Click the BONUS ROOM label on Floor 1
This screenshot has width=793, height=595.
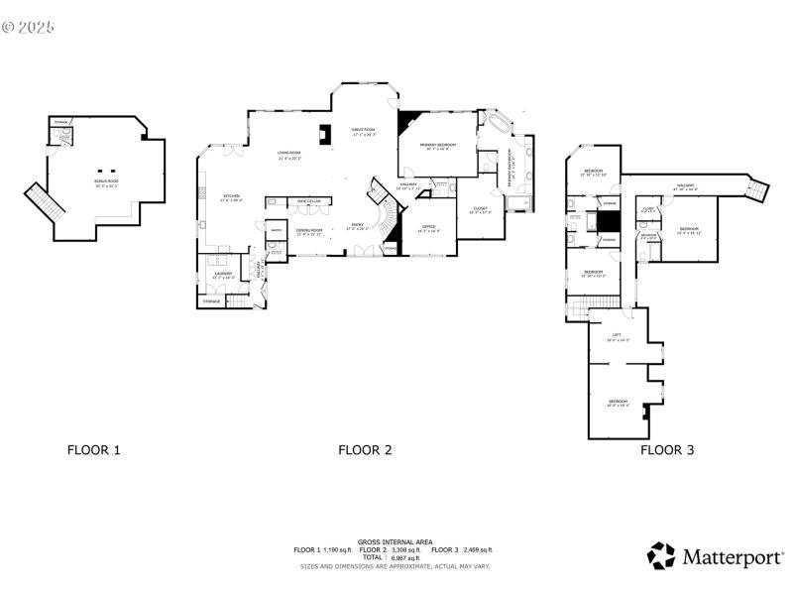pyautogui.click(x=106, y=183)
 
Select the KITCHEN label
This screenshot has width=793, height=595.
pyautogui.click(x=231, y=197)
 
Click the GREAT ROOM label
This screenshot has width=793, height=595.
pyautogui.click(x=363, y=131)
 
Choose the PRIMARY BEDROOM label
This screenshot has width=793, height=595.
pyautogui.click(x=437, y=147)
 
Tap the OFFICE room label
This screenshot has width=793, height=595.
pyautogui.click(x=429, y=228)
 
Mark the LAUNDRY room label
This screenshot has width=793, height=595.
pyautogui.click(x=223, y=275)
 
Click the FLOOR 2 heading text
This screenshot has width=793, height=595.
pyautogui.click(x=365, y=450)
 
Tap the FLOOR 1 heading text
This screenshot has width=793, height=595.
pyautogui.click(x=93, y=450)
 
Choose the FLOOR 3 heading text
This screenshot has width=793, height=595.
pyautogui.click(x=666, y=450)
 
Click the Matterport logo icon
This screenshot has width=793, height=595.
pyautogui.click(x=661, y=555)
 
